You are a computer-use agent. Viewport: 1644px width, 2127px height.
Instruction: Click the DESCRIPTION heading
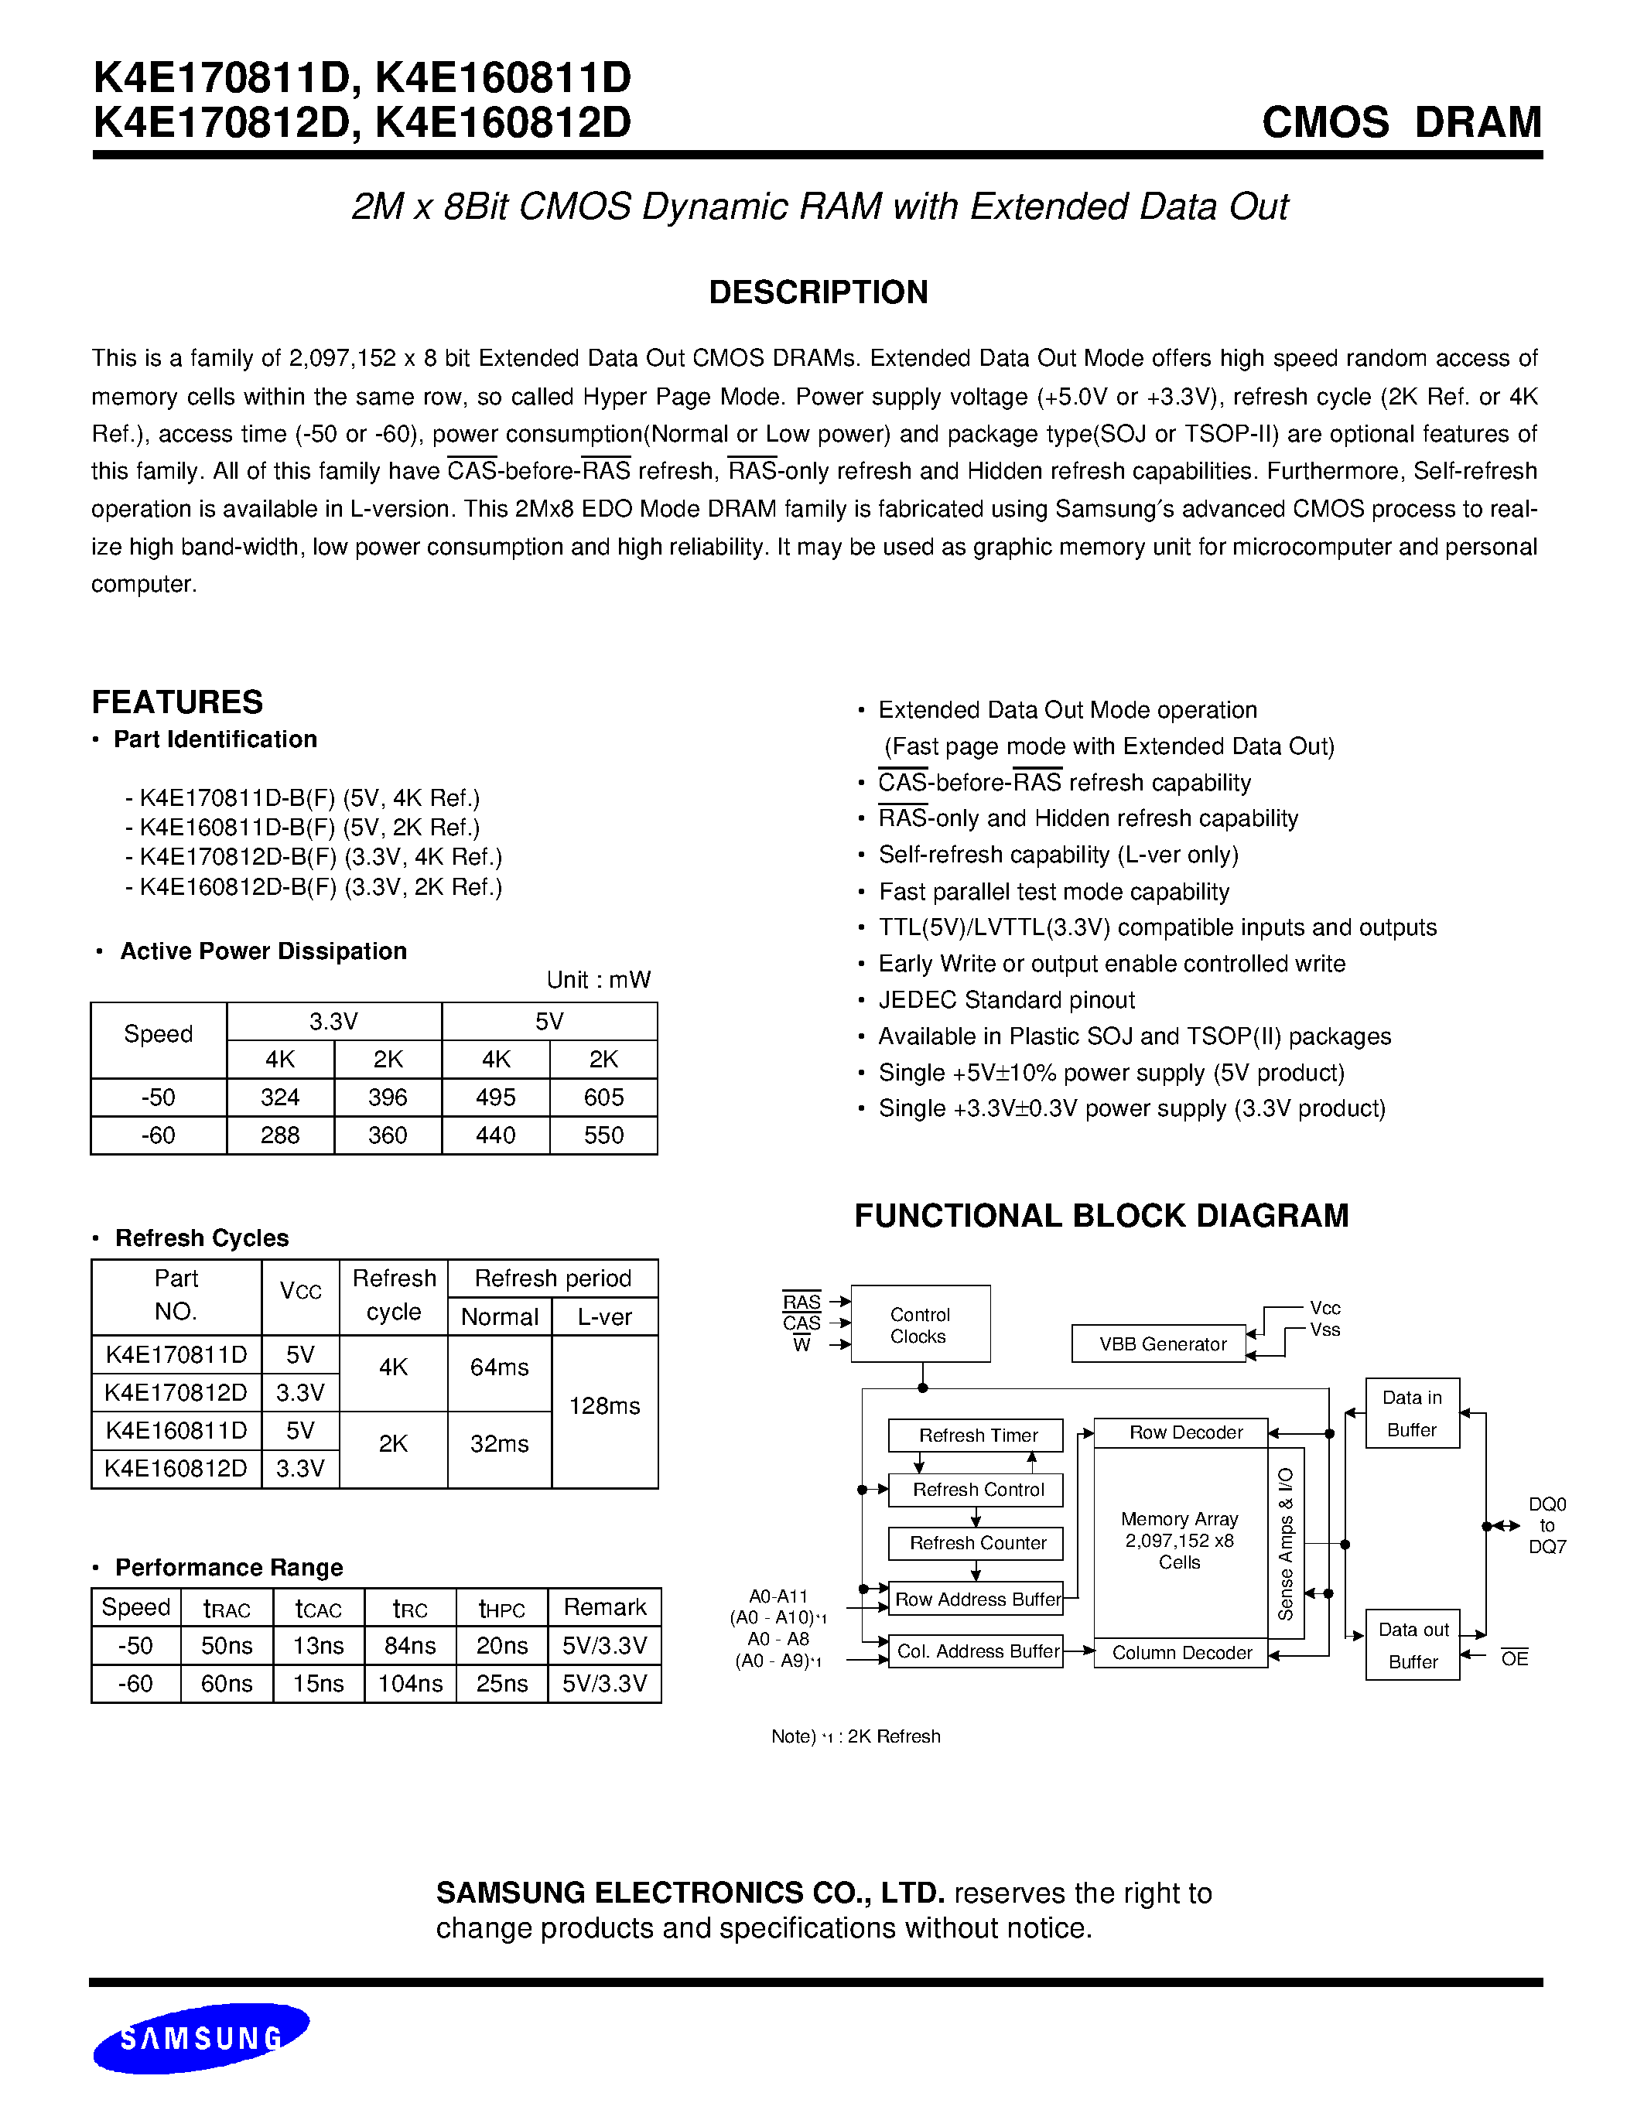(x=818, y=292)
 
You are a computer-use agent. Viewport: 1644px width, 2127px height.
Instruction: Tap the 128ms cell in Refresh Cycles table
(x=604, y=1406)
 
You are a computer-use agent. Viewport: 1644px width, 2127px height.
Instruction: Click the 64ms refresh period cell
(x=499, y=1368)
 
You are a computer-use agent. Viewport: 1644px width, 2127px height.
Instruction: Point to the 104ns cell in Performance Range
(x=410, y=1684)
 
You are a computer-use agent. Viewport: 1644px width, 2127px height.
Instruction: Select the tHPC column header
(x=501, y=1608)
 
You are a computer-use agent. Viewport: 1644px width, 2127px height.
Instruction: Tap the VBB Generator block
(x=1162, y=1345)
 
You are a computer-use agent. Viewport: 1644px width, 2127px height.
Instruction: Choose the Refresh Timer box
(x=978, y=1436)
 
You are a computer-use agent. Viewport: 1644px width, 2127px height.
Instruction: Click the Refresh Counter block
(x=978, y=1544)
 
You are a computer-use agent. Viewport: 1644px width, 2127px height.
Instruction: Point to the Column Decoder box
(x=1181, y=1653)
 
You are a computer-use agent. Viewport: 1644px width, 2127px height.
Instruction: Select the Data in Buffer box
(x=1411, y=1413)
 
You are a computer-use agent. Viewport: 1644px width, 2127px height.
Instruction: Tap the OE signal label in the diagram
(x=1515, y=1658)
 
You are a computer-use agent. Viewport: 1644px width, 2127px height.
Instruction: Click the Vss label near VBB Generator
(x=1324, y=1330)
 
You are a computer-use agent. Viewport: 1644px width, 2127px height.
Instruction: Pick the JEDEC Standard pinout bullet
(x=1006, y=1000)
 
